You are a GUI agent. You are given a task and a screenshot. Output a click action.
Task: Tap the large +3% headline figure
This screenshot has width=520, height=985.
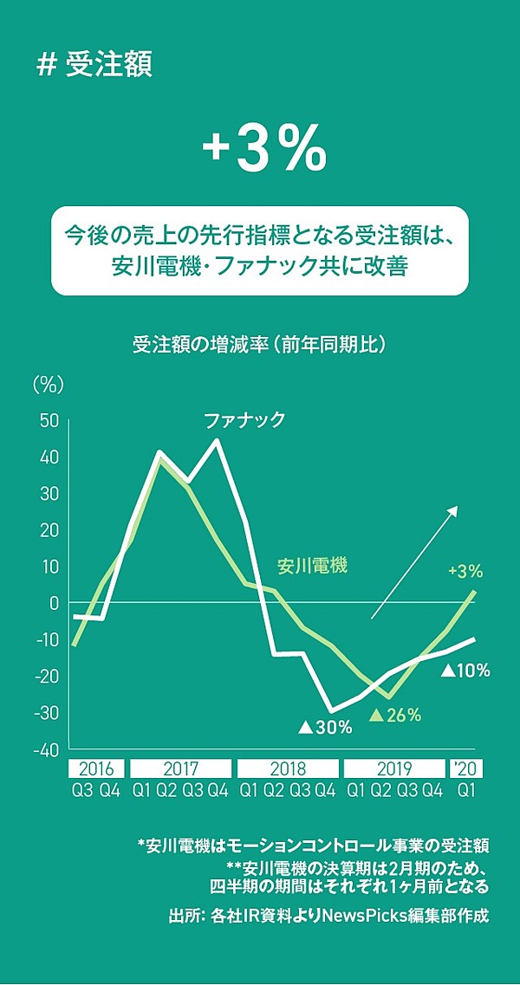264,152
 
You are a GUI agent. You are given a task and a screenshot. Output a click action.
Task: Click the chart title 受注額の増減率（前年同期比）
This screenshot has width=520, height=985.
259,344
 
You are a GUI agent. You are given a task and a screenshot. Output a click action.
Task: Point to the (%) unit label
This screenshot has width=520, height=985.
48,382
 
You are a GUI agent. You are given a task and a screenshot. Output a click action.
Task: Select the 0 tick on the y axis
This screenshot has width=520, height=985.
55,603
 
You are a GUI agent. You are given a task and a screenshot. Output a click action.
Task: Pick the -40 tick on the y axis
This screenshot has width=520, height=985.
46,749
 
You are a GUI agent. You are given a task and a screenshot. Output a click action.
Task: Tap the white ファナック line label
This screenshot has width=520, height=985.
244,422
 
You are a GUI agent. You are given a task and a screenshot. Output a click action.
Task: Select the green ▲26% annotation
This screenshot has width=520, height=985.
395,716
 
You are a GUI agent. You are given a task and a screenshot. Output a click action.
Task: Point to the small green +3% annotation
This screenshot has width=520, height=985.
465,572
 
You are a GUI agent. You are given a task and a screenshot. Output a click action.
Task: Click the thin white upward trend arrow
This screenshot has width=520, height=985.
414,563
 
